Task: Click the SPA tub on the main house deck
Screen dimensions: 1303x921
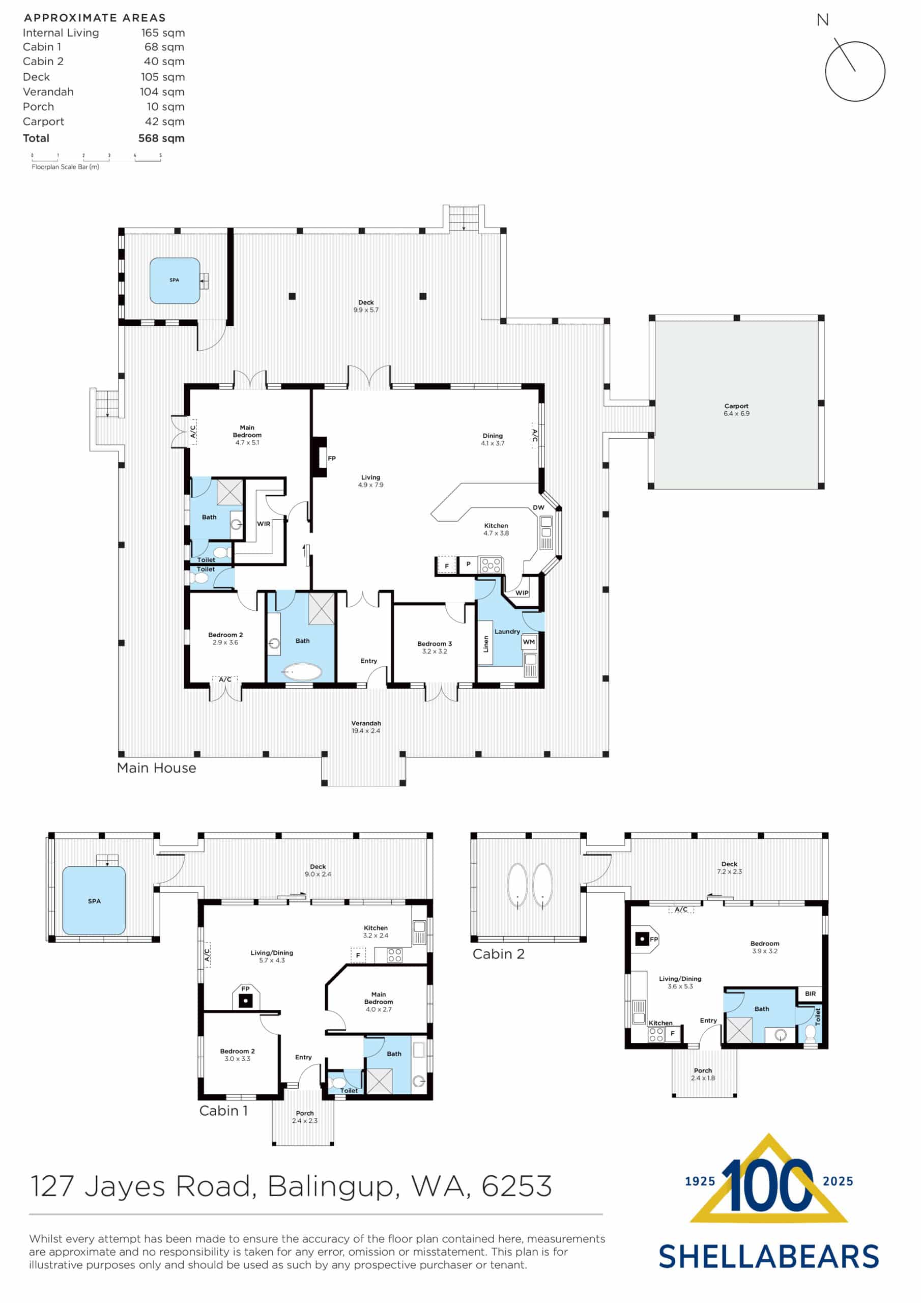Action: (x=175, y=280)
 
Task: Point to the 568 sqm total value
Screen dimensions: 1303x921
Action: (x=161, y=138)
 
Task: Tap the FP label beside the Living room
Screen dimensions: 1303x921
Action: (x=331, y=458)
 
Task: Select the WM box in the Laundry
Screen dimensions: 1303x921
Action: (x=528, y=642)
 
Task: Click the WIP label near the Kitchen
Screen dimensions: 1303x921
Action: (x=522, y=592)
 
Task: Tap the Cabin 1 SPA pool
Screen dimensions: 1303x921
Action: (x=94, y=900)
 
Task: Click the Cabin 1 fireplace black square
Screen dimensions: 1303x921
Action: (x=245, y=1001)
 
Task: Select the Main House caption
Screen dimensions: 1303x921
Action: (x=156, y=768)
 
